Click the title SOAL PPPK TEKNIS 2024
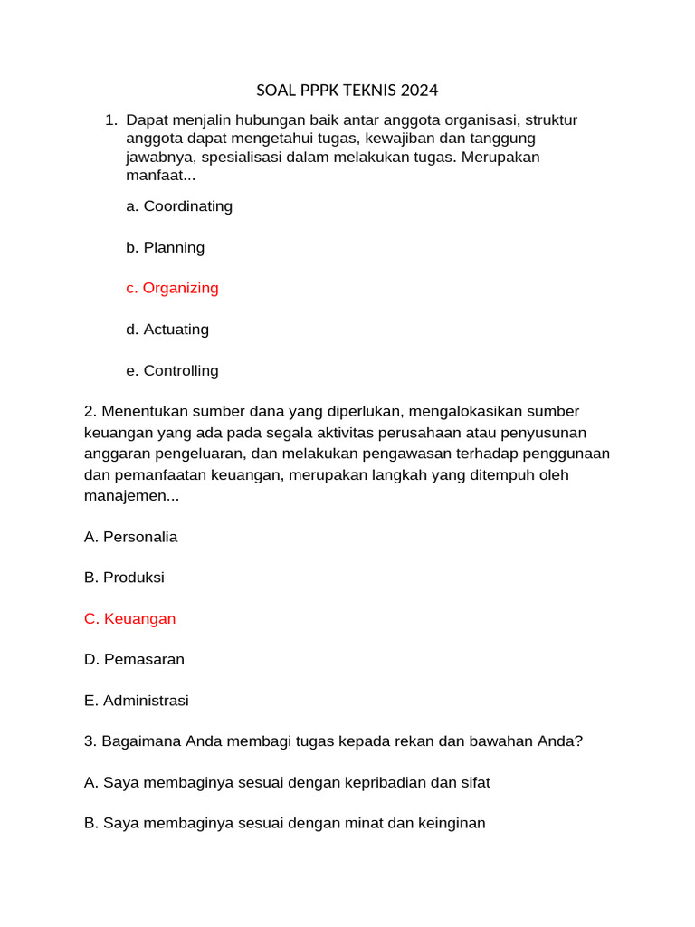[347, 90]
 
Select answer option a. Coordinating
[179, 206]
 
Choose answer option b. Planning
[166, 247]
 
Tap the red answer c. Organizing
[172, 288]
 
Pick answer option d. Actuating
[167, 330]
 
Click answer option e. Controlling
[172, 370]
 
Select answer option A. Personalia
[130, 537]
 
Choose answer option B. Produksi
[124, 578]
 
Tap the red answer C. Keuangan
[129, 618]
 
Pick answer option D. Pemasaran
[134, 659]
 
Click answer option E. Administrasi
[136, 701]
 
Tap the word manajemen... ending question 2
[131, 496]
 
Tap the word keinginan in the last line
[450, 823]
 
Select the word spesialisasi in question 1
[243, 157]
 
